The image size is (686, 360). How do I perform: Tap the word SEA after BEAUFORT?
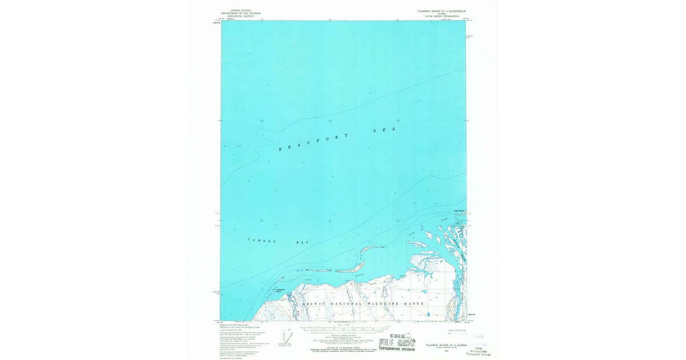[385, 130]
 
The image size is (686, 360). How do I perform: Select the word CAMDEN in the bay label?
[261, 241]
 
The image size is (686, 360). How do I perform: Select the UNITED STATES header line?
[241, 10]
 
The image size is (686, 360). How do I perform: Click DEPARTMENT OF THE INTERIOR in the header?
[241, 13]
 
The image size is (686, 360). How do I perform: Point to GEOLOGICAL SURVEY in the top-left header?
[241, 16]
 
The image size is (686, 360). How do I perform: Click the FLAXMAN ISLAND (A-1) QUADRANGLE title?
[438, 10]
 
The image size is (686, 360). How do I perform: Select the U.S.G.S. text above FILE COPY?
[398, 335]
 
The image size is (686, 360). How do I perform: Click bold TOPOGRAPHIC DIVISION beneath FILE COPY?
[397, 349]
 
